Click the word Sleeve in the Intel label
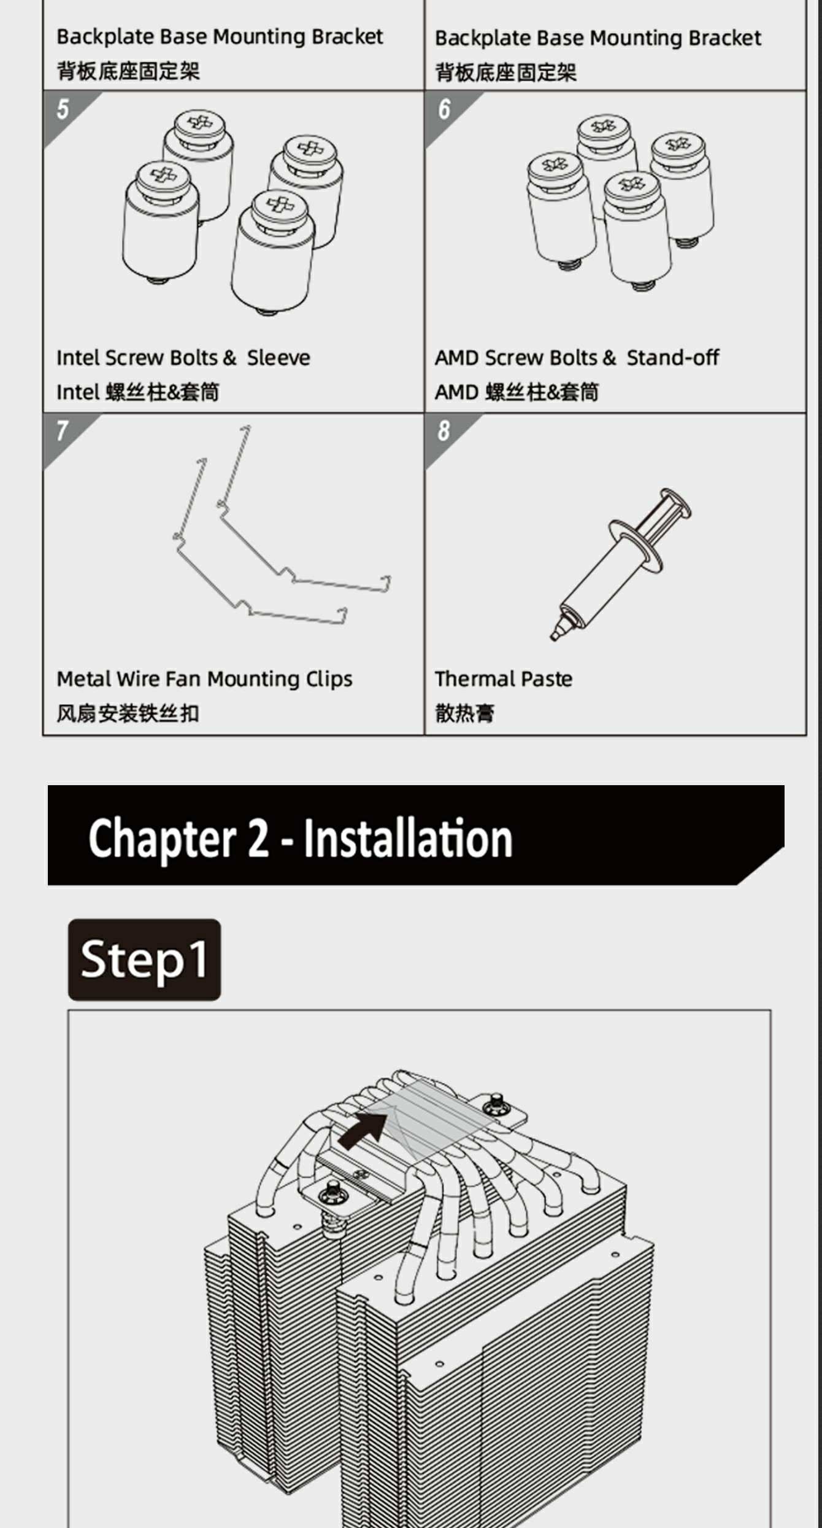(x=278, y=357)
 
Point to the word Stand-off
(x=672, y=357)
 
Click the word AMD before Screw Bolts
(x=457, y=358)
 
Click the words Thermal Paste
(x=504, y=679)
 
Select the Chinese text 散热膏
(x=464, y=713)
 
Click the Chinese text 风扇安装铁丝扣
(x=128, y=713)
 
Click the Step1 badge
(x=144, y=960)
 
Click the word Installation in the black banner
(x=408, y=838)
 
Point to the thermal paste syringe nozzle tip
(x=555, y=637)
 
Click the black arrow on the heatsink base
(x=363, y=1131)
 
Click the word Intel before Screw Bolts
(x=78, y=358)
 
